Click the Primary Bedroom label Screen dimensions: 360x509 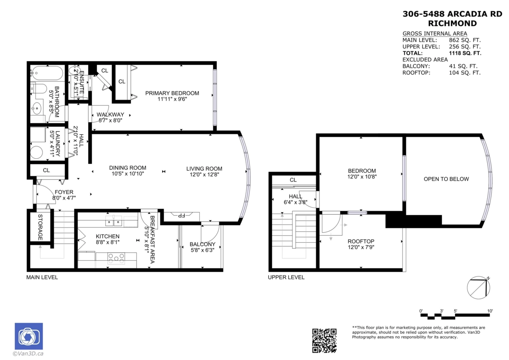172,93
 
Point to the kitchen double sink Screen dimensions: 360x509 114,221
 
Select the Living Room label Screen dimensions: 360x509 204,169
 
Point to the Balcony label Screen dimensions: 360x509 202,244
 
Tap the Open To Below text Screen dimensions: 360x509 446,179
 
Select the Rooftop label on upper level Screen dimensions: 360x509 361,241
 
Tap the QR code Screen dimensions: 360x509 324,340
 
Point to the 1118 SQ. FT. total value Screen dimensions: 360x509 465,53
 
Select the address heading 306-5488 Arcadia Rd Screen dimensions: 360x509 452,14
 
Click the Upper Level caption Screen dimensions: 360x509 286,277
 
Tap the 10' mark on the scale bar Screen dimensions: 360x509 490,311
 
